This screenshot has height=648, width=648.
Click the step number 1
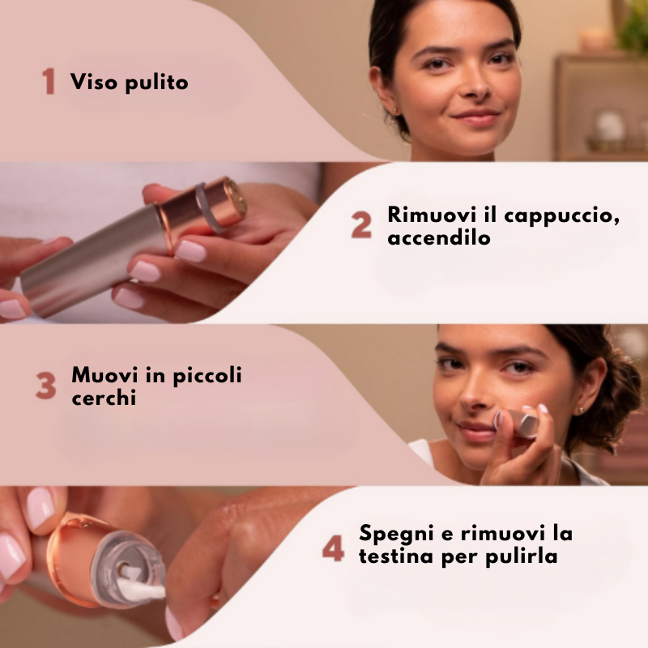pos(49,82)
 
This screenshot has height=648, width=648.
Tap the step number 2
pos(361,226)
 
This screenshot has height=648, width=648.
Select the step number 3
pos(45,387)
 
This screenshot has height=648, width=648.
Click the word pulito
pos(156,83)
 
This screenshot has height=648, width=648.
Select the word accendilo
pos(439,239)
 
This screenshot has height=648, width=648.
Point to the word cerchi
pos(104,399)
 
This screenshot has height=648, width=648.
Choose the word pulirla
pos(522,558)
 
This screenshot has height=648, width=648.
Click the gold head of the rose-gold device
pos(235,197)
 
